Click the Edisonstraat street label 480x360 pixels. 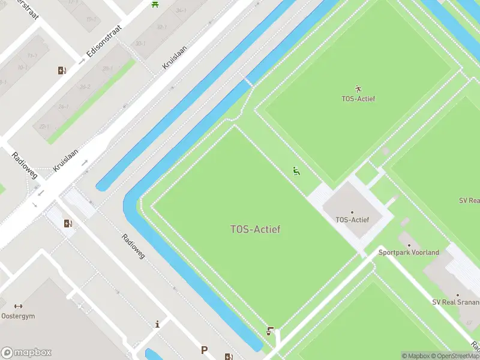104,41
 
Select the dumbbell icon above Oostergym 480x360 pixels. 18,306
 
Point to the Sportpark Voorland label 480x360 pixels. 409,253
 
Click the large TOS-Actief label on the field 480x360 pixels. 256,229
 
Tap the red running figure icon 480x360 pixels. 359,88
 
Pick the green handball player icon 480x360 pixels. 296,171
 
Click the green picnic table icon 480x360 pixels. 155,4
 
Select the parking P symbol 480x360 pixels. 204,350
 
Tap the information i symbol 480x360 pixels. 157,325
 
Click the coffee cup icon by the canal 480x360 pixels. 271,331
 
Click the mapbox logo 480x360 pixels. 26,353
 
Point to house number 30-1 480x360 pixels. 140,43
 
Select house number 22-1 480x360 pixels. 44,127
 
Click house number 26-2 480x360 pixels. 85,87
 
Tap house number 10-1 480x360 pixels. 23,68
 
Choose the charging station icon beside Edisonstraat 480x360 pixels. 62,71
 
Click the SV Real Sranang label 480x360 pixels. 457,302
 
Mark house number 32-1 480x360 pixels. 161,27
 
